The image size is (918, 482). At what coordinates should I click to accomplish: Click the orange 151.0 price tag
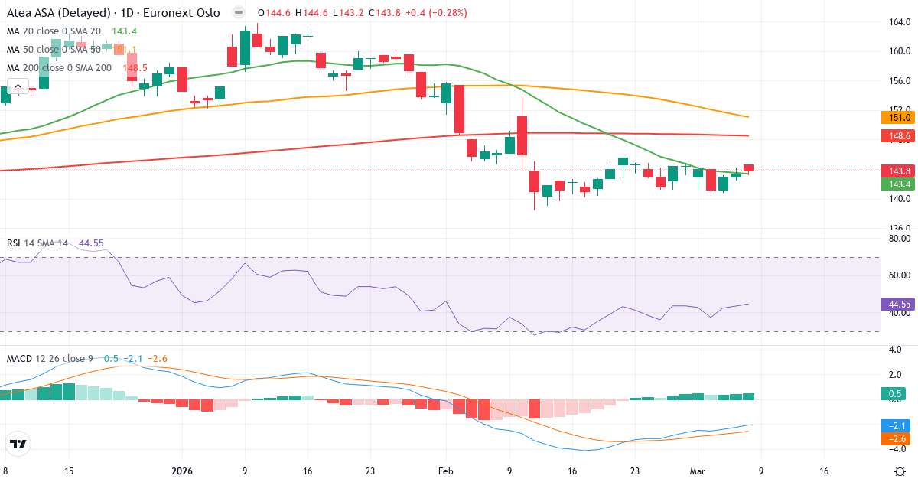(x=897, y=117)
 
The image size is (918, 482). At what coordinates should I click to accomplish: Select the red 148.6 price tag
(x=897, y=137)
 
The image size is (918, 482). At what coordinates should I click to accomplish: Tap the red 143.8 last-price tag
(x=897, y=171)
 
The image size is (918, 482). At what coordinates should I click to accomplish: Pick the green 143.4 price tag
(x=897, y=184)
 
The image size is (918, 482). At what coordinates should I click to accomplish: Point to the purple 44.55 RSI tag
(x=897, y=304)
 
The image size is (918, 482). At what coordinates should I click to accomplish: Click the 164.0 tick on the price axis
(x=898, y=22)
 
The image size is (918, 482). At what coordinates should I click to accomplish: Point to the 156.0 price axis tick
(x=898, y=81)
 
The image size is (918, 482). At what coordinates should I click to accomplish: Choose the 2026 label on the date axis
(x=183, y=471)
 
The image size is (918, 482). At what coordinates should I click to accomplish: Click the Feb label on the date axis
(x=445, y=471)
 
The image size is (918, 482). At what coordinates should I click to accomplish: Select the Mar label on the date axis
(x=697, y=471)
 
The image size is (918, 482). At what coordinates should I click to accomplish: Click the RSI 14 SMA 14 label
(x=37, y=243)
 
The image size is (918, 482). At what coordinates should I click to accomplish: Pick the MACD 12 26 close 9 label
(x=50, y=358)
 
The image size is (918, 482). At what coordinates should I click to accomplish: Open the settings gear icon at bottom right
(x=900, y=471)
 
